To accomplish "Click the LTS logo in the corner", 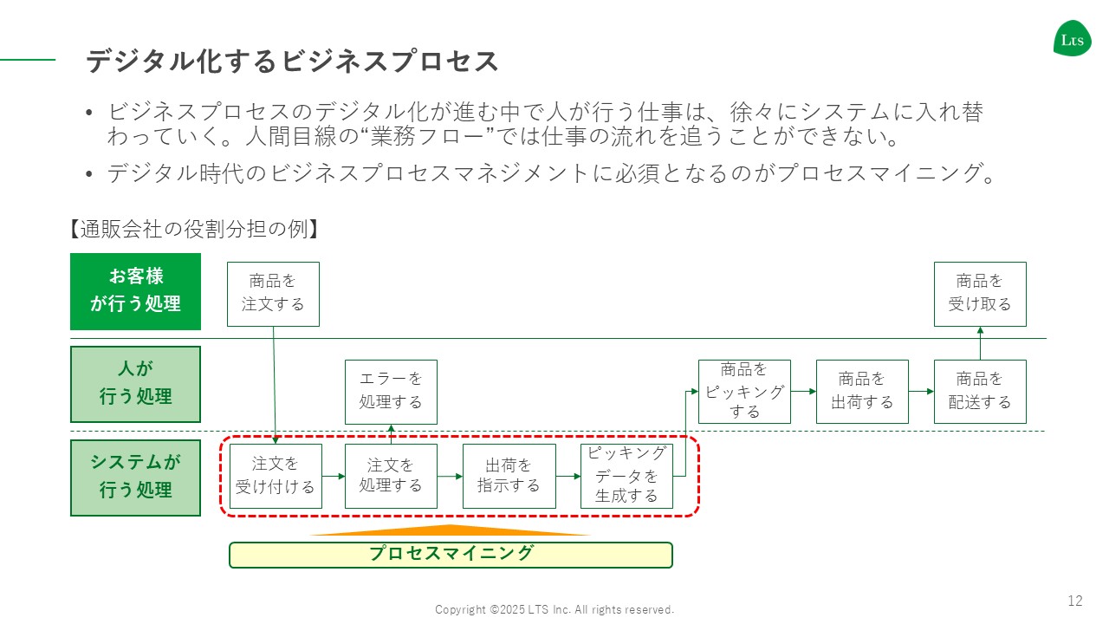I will point(1072,38).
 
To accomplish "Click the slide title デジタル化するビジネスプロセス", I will point(293,62).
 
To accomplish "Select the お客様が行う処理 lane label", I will point(136,291).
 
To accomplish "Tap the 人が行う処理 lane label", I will point(136,384).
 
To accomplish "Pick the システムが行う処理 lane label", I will point(136,478).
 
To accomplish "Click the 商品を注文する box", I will point(273,294).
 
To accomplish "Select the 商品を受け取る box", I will point(980,294).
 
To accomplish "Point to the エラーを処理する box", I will point(391,392).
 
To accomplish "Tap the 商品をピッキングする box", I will point(744,392).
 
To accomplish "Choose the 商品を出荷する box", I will point(862,392).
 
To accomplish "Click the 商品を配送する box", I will point(980,392).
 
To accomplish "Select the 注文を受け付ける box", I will point(276,476).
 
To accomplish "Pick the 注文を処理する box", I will point(391,476).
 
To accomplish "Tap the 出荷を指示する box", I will point(509,476).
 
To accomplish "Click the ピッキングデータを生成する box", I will point(626,476).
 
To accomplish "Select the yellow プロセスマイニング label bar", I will point(451,555).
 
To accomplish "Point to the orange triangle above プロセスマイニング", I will point(451,530).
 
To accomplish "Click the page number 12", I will point(1075,601).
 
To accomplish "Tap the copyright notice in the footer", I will point(554,609).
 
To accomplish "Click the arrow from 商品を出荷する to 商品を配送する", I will point(921,392).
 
